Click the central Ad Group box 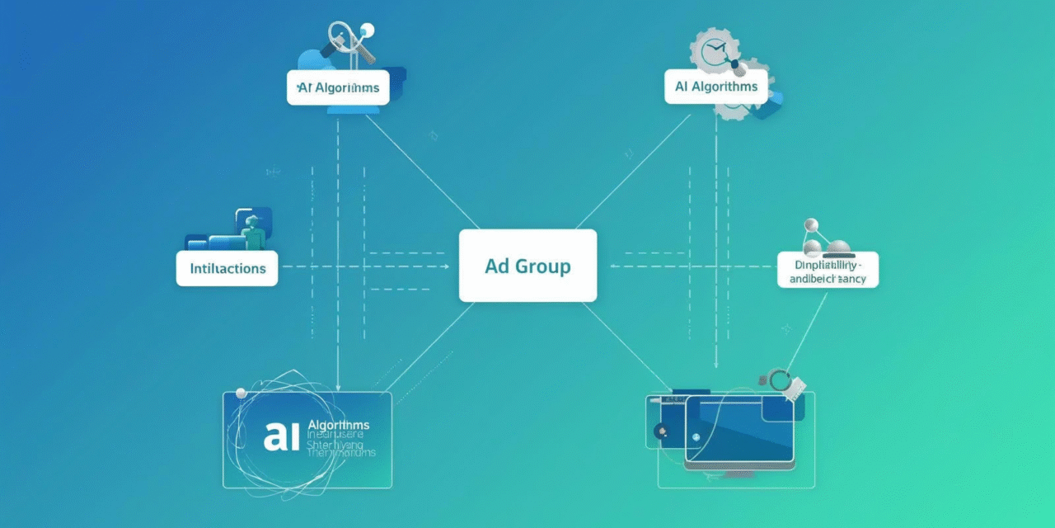coord(527,266)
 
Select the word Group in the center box coord(542,266)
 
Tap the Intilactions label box coord(227,269)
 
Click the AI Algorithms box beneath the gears coord(715,87)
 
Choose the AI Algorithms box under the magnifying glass coord(338,87)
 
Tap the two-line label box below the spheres coord(828,270)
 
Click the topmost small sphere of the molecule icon coord(810,224)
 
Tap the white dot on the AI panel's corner coord(241,394)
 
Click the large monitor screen coord(739,429)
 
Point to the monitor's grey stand coord(739,474)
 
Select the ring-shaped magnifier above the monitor coord(778,379)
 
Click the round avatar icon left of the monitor coord(660,431)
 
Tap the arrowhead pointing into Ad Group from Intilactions coord(446,266)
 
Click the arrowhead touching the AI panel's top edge coord(338,388)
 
